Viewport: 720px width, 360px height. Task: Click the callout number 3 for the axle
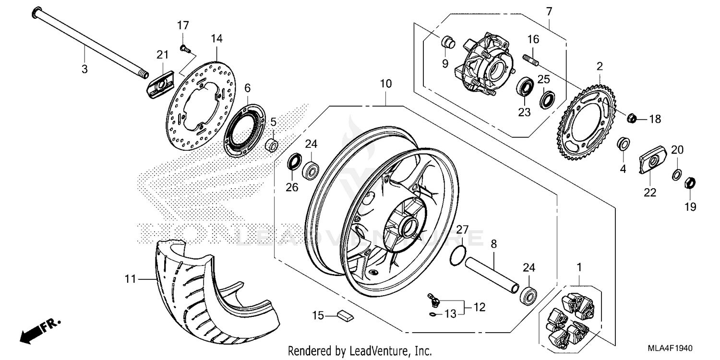point(84,69)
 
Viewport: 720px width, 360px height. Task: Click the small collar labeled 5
point(272,144)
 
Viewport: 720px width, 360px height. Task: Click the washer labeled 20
point(676,173)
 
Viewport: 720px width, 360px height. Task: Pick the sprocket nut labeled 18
point(632,118)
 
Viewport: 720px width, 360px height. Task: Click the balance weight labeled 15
point(345,315)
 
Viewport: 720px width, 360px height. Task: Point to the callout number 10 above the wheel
point(386,84)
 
